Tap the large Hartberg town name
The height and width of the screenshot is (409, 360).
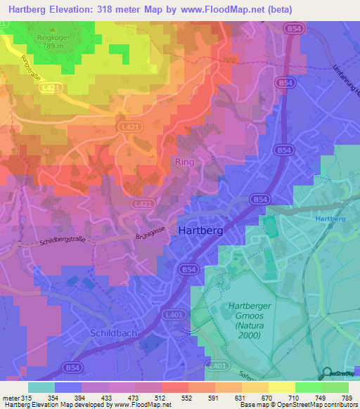tap(201, 231)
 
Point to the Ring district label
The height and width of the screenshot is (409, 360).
tap(184, 162)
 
